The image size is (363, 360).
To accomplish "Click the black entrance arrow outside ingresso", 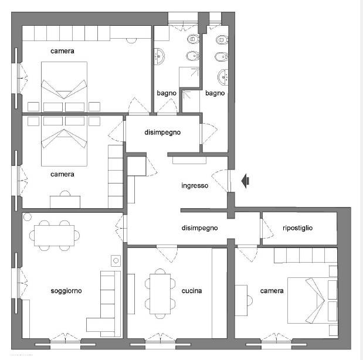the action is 245,181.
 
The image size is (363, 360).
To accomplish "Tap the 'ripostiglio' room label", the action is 297,228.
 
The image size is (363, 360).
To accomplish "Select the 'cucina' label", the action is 191,291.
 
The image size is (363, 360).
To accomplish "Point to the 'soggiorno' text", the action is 66,291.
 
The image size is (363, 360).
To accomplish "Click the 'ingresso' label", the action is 195,186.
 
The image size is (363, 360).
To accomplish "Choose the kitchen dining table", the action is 160,294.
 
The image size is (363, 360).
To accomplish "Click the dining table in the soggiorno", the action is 55,236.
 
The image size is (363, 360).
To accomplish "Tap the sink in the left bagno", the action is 160,56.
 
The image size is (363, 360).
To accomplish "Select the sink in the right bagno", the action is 223,77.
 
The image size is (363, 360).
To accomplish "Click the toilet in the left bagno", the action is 193,39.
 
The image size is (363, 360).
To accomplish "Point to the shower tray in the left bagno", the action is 189,77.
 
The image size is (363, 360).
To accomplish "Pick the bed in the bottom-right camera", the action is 308,301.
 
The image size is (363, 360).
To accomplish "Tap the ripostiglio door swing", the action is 267,229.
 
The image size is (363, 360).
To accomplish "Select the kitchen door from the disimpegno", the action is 167,253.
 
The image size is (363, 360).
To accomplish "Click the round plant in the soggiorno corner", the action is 28,217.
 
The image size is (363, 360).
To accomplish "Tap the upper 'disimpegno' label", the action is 162,133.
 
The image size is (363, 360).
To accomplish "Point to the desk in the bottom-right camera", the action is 241,300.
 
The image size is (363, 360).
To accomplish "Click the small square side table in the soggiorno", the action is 116,261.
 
